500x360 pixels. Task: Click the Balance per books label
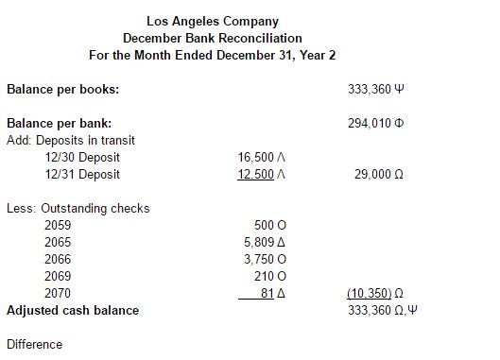62,90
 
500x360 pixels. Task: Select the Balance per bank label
59,124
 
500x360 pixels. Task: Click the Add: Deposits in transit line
71,141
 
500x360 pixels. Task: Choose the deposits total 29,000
369,175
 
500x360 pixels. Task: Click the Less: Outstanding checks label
78,209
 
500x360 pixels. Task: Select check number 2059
58,226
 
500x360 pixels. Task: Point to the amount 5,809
259,243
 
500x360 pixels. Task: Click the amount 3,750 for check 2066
259,260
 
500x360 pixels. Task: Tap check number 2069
58,277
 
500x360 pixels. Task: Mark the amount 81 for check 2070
267,294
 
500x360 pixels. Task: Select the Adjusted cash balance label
73,311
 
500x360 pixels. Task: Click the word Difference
34,345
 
